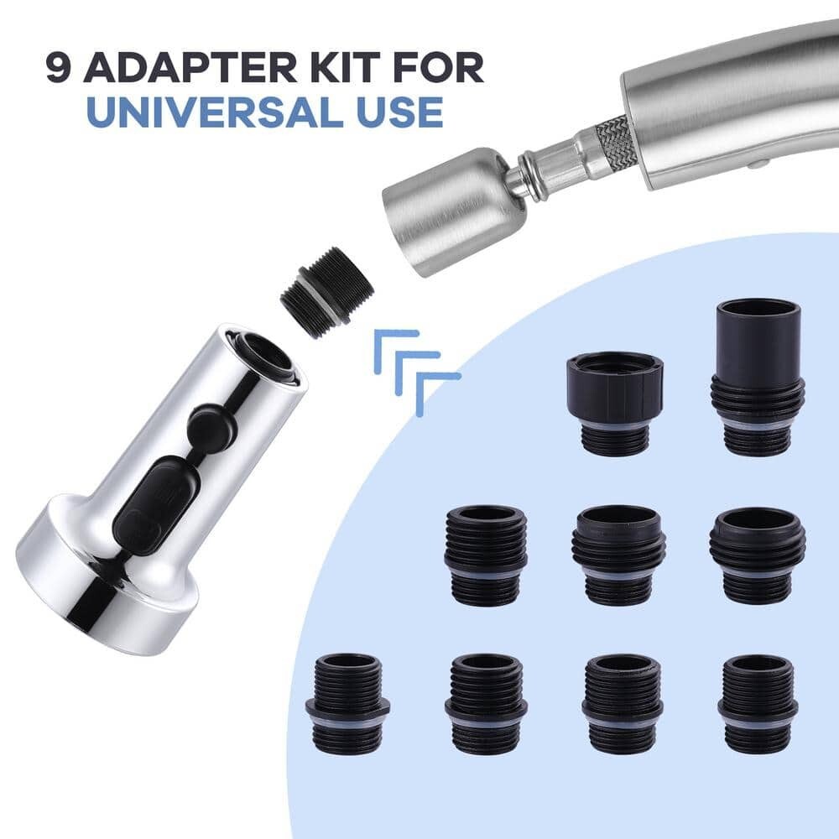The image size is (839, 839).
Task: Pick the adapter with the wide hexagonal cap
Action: click(615, 402)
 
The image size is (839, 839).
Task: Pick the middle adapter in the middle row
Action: click(619, 554)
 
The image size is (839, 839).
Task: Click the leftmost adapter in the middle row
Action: click(486, 554)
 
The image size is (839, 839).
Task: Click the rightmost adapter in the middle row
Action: click(758, 554)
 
